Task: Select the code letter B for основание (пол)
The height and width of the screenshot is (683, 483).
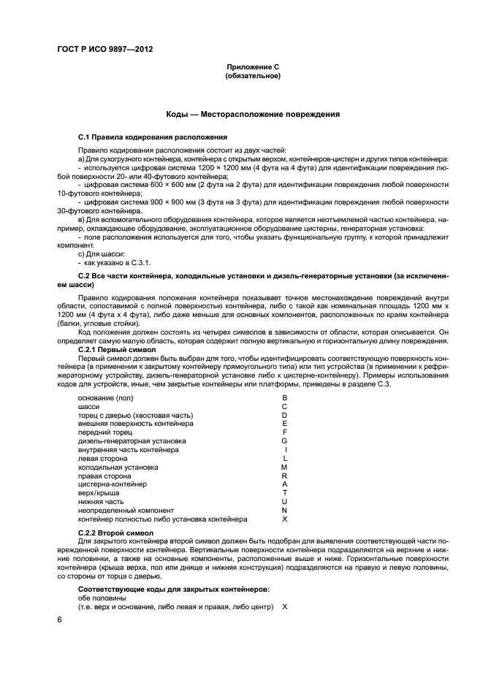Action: tap(284, 397)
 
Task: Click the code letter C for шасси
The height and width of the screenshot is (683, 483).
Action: tap(284, 406)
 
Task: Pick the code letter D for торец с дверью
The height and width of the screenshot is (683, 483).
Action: tap(284, 415)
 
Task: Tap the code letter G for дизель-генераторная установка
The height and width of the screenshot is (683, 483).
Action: tap(284, 441)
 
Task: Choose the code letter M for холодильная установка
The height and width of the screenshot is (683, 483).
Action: tap(284, 467)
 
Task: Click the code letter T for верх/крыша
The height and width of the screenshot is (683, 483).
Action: tap(284, 493)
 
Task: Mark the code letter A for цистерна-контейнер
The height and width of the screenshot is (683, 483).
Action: tap(284, 484)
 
